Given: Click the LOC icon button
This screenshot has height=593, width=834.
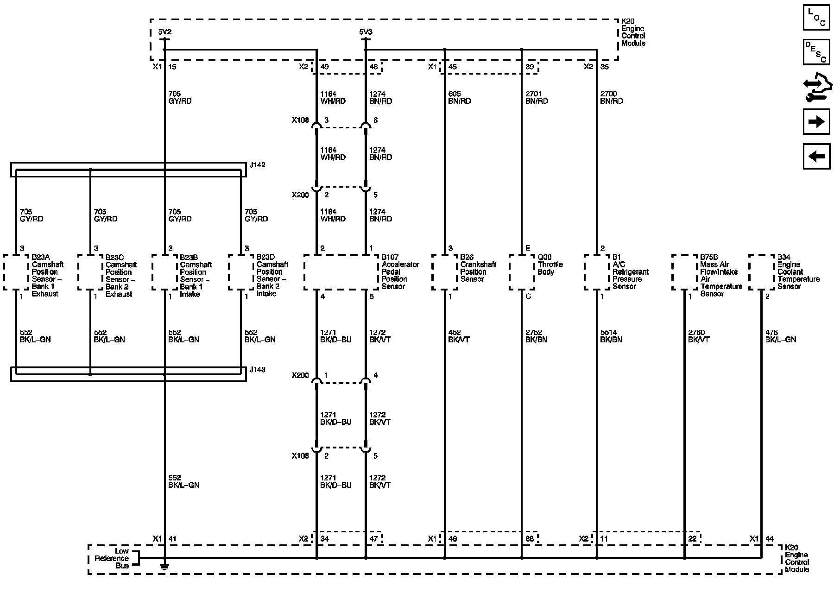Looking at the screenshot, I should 816,18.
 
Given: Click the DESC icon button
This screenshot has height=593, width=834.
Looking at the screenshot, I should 816,52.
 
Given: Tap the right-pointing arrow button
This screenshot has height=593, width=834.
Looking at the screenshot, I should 816,122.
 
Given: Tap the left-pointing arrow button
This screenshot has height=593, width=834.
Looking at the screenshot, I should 816,156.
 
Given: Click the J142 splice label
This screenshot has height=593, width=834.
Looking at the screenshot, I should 257,165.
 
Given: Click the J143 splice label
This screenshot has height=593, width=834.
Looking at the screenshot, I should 257,370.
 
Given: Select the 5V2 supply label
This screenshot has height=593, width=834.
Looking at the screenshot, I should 164,32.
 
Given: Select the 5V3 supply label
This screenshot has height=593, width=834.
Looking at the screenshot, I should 366,32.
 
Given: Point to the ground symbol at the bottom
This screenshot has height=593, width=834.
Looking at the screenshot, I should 164,565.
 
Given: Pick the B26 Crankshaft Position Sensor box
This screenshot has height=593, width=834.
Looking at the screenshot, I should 444,272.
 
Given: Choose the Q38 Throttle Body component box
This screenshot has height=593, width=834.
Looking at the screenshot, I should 522,272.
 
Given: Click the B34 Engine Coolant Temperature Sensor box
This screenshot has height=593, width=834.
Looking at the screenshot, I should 761,272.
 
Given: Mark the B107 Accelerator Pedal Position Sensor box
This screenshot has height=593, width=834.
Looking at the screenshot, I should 341,272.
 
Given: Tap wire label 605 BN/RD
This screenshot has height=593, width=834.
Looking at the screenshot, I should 459,97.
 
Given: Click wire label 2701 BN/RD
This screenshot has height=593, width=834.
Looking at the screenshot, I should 537,97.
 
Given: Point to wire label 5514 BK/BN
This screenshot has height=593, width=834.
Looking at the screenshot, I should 611,336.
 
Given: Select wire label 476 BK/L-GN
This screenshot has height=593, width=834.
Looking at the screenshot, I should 780,336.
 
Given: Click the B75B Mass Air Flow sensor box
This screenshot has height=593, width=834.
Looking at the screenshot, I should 684,272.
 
